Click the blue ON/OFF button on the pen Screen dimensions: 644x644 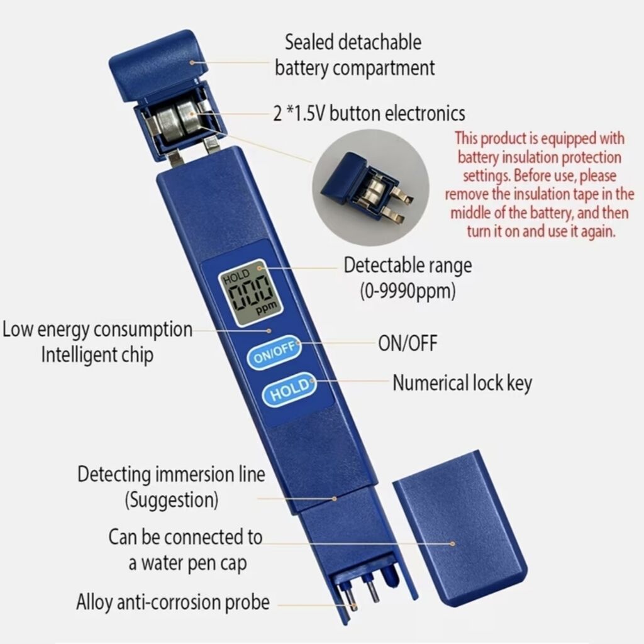click(274, 353)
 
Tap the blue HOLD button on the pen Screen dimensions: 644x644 click(289, 389)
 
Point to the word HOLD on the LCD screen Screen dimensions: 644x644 click(236, 276)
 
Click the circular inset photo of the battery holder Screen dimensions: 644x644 click(370, 187)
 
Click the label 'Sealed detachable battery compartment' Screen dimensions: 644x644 click(354, 55)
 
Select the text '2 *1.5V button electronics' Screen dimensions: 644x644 click(369, 113)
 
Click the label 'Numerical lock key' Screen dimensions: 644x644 click(462, 383)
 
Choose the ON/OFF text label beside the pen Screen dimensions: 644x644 click(408, 343)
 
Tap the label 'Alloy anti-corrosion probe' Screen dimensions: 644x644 click(173, 602)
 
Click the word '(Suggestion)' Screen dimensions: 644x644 click(172, 500)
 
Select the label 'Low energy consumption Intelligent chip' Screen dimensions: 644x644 click(97, 341)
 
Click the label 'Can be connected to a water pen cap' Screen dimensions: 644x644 click(186, 550)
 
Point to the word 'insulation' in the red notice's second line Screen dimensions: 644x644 click(531, 157)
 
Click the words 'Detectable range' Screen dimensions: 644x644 click(408, 265)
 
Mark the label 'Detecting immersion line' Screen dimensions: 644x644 click(171, 474)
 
